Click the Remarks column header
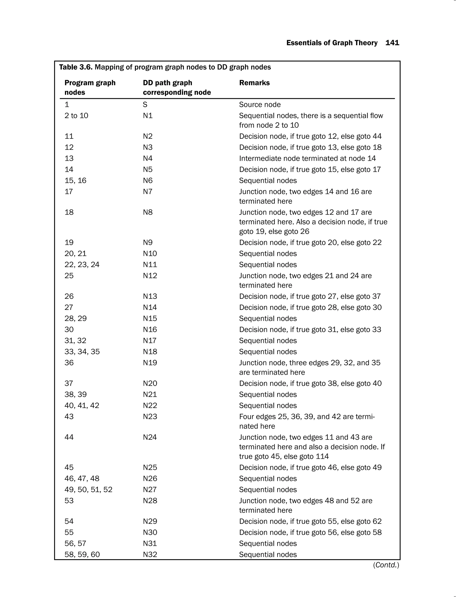click(254, 83)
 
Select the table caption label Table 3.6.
click(76, 67)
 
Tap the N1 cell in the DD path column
click(148, 116)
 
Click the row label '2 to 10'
click(76, 116)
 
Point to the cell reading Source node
click(260, 104)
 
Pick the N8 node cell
click(148, 212)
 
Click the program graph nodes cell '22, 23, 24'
click(82, 265)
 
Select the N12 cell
click(150, 276)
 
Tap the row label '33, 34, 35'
click(82, 352)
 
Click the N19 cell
click(150, 363)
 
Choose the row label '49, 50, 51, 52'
click(88, 489)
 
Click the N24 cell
click(150, 437)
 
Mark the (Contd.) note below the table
click(386, 565)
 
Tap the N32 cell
click(150, 554)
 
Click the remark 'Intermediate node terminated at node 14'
click(307, 158)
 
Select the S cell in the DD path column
click(145, 104)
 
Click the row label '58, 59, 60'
click(82, 554)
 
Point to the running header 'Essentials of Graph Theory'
click(332, 43)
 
